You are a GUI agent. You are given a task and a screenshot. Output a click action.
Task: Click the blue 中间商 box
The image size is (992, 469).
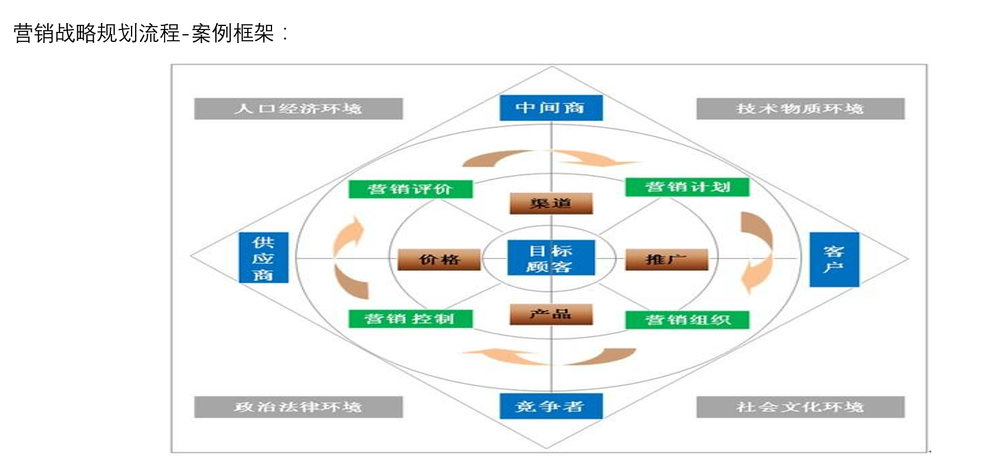pyautogui.click(x=551, y=107)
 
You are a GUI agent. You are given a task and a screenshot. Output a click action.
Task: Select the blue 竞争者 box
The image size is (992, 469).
pyautogui.click(x=551, y=406)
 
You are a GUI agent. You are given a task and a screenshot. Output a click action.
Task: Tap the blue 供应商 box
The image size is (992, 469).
pyautogui.click(x=264, y=257)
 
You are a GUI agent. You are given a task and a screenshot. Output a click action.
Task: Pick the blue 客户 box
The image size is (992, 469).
pyautogui.click(x=834, y=260)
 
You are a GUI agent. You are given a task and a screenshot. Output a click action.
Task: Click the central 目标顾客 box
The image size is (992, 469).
pyautogui.click(x=551, y=258)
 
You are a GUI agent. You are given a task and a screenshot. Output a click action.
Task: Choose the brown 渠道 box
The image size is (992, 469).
pyautogui.click(x=551, y=204)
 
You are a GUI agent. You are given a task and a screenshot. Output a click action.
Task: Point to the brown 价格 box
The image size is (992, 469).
pyautogui.click(x=439, y=260)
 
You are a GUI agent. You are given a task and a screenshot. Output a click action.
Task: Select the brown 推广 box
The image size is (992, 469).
pyautogui.click(x=666, y=260)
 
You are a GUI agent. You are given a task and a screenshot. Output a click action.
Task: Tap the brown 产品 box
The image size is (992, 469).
pyautogui.click(x=551, y=314)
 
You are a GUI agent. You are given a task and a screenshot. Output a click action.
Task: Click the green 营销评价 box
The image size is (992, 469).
pyautogui.click(x=411, y=189)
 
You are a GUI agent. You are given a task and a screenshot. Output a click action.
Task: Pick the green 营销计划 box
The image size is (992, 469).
pyautogui.click(x=687, y=187)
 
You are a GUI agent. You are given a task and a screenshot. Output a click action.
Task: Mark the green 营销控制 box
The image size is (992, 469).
pyautogui.click(x=411, y=319)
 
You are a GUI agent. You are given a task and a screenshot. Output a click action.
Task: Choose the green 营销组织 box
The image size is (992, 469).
pyautogui.click(x=687, y=320)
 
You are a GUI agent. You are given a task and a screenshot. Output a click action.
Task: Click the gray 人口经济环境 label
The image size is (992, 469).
pyautogui.click(x=299, y=109)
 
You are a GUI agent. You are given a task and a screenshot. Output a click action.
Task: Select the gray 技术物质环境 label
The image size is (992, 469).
pyautogui.click(x=800, y=109)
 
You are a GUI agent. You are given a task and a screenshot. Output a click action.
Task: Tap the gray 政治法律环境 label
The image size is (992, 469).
pyautogui.click(x=299, y=407)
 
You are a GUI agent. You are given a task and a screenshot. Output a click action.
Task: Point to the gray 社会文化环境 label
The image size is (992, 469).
pyautogui.click(x=800, y=407)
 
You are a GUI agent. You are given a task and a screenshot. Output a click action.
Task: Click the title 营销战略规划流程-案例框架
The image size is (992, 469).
pyautogui.click(x=150, y=33)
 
